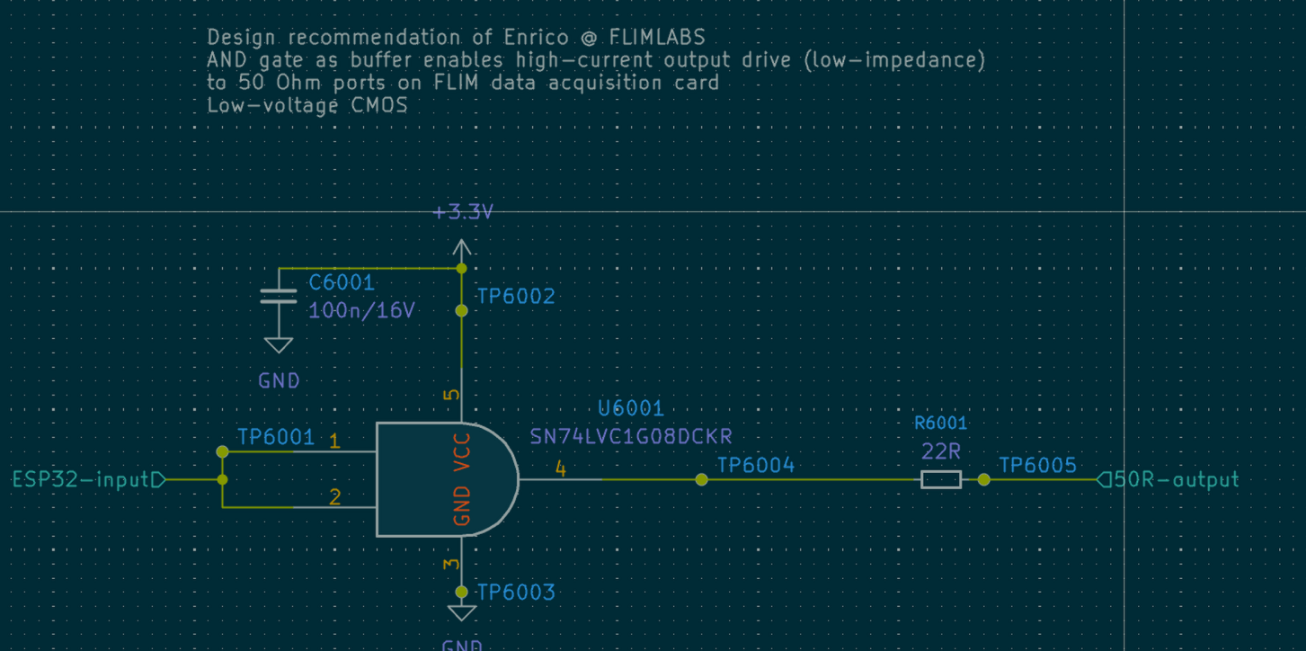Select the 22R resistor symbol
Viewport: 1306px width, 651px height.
pyautogui.click(x=941, y=479)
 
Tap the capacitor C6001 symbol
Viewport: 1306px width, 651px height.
pyautogui.click(x=279, y=297)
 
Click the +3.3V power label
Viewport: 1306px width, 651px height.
pyautogui.click(x=463, y=212)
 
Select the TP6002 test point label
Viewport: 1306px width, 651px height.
pyautogui.click(x=516, y=296)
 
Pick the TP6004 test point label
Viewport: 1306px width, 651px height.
pyautogui.click(x=756, y=464)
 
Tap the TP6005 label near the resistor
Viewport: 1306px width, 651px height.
pyautogui.click(x=1037, y=464)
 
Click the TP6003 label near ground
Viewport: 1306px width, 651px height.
pyautogui.click(x=516, y=592)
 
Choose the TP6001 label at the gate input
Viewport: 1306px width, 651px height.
pyautogui.click(x=276, y=437)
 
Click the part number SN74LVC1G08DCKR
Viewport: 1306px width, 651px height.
pyautogui.click(x=631, y=436)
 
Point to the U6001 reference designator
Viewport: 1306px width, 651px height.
pyautogui.click(x=631, y=408)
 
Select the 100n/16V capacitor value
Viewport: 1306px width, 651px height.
pyautogui.click(x=361, y=311)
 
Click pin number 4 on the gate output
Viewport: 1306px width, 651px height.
pyautogui.click(x=561, y=468)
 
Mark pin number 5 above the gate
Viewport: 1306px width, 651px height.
pyautogui.click(x=451, y=394)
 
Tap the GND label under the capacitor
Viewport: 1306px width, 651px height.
pyautogui.click(x=279, y=380)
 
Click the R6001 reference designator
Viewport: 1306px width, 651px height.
pyautogui.click(x=941, y=423)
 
